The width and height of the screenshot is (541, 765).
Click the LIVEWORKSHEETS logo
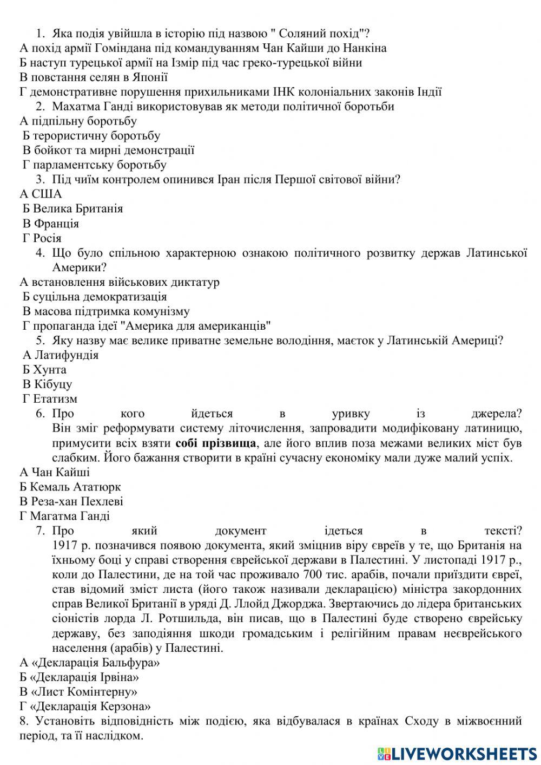coord(457,753)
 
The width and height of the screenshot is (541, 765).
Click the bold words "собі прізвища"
coord(215,443)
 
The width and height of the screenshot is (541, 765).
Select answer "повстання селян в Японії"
coord(86,77)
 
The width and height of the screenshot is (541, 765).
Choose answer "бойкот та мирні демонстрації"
coord(108,150)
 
